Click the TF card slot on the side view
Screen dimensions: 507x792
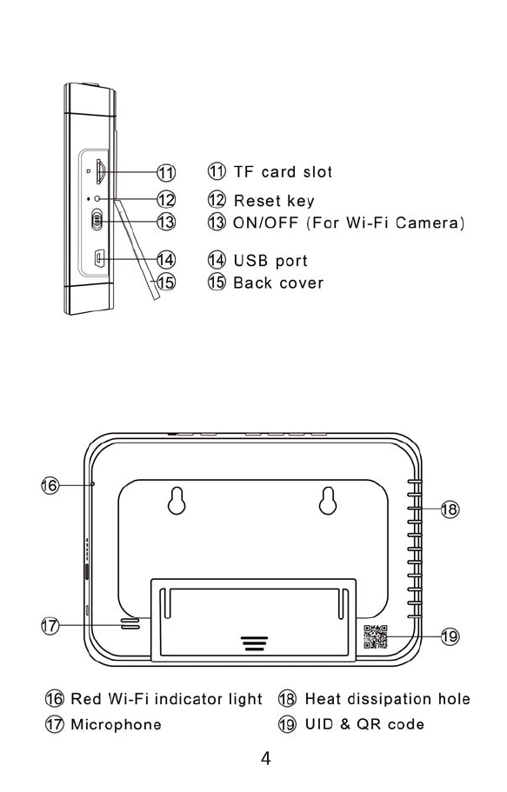pyautogui.click(x=100, y=172)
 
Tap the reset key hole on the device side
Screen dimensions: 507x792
pyautogui.click(x=97, y=199)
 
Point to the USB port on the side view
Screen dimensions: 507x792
pyautogui.click(x=99, y=258)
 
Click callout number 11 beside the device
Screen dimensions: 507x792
pyautogui.click(x=166, y=173)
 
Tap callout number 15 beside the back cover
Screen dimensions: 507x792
pyautogui.click(x=166, y=282)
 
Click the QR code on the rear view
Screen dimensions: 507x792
pyautogui.click(x=376, y=636)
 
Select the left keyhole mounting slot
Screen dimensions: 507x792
pyautogui.click(x=177, y=501)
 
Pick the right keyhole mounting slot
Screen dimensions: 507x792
pyautogui.click(x=328, y=501)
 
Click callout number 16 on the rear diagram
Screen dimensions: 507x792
pyautogui.click(x=50, y=486)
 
